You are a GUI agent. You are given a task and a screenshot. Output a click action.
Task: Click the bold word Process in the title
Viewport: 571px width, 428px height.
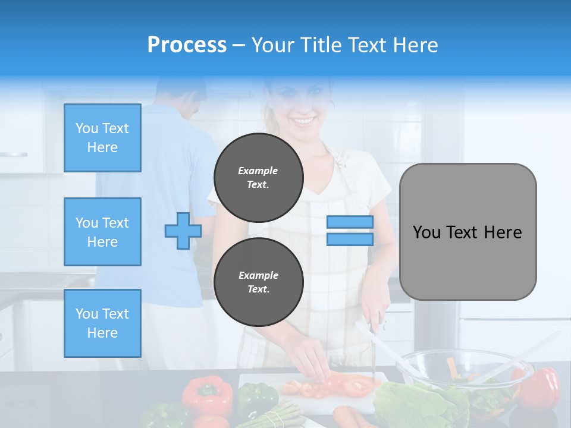pyautogui.click(x=187, y=45)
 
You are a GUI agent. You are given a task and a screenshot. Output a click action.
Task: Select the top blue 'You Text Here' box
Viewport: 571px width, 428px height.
pyautogui.click(x=102, y=138)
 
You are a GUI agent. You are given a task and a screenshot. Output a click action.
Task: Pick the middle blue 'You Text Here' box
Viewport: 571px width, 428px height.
pyautogui.click(x=102, y=232)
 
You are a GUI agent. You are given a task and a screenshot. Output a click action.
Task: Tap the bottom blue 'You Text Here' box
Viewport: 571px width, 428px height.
pyautogui.click(x=102, y=323)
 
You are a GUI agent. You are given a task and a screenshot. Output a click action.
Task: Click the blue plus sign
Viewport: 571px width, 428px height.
pyautogui.click(x=183, y=231)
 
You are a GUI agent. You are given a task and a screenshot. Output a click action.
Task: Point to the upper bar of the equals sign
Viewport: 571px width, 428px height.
pyautogui.click(x=350, y=222)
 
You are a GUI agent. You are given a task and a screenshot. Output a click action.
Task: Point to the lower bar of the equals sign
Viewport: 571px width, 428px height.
pyautogui.click(x=350, y=239)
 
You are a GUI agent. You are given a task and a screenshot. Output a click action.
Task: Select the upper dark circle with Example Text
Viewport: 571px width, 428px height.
pyautogui.click(x=258, y=178)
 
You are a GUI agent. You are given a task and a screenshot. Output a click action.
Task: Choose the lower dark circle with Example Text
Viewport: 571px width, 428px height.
pyautogui.click(x=258, y=282)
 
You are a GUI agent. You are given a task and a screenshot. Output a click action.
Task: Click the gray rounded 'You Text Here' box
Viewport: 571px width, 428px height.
pyautogui.click(x=468, y=232)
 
